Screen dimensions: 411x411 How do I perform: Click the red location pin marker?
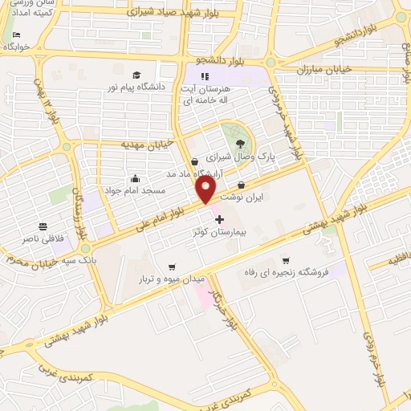click(x=205, y=189)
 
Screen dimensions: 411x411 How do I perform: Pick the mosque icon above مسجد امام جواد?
click(x=135, y=178)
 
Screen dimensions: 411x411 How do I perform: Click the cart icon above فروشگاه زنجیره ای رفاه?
click(x=286, y=261)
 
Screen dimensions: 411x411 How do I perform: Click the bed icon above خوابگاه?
click(x=16, y=36)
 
